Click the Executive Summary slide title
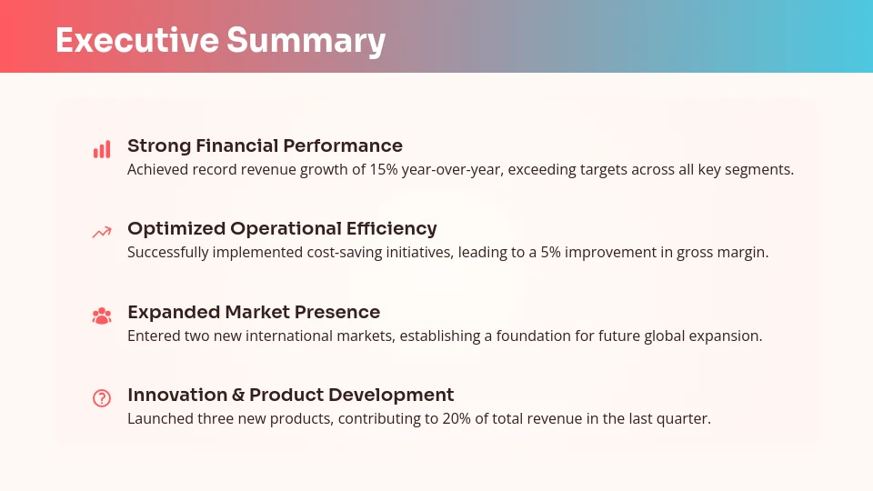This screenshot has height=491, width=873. point(220,41)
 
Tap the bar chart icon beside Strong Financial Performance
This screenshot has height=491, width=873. point(102,149)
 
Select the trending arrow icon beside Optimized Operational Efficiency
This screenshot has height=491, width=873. point(102,233)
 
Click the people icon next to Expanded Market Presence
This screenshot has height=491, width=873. point(102,316)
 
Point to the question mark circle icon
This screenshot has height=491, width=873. point(102,398)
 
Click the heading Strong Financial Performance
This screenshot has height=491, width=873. point(265,145)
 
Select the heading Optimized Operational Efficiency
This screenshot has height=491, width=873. point(282,228)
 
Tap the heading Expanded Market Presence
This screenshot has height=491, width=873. point(254,312)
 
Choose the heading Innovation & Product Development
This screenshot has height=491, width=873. point(290,395)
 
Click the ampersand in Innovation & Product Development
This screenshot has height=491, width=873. point(238,395)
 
